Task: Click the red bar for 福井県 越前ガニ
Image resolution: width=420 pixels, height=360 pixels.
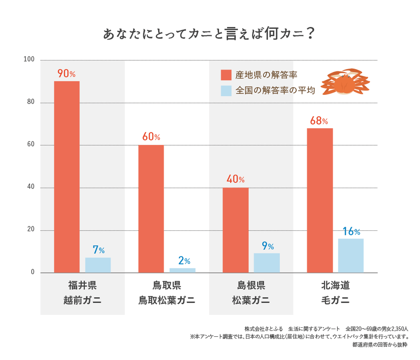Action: coord(67,177)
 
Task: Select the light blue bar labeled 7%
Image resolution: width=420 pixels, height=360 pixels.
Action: coord(98,265)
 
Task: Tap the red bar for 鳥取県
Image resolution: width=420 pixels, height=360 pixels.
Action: coord(151,209)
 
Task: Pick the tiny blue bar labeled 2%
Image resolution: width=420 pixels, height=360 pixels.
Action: coord(182,270)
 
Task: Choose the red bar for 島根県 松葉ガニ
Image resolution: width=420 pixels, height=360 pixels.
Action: coord(235,230)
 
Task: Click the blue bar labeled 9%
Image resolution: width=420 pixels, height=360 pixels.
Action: coord(267,263)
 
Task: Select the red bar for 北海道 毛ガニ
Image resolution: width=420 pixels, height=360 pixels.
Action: coord(320,200)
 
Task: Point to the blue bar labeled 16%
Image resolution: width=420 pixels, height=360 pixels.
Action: coord(351,255)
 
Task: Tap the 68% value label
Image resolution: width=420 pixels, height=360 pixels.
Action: coord(318,121)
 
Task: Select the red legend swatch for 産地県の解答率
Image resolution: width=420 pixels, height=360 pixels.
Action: coord(226,75)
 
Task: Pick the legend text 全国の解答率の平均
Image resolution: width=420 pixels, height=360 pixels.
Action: coord(275,90)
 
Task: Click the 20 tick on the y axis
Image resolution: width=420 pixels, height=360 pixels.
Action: coord(30,229)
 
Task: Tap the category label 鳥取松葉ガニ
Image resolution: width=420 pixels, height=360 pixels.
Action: coord(167,300)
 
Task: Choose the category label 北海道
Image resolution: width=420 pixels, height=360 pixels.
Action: coord(336,285)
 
